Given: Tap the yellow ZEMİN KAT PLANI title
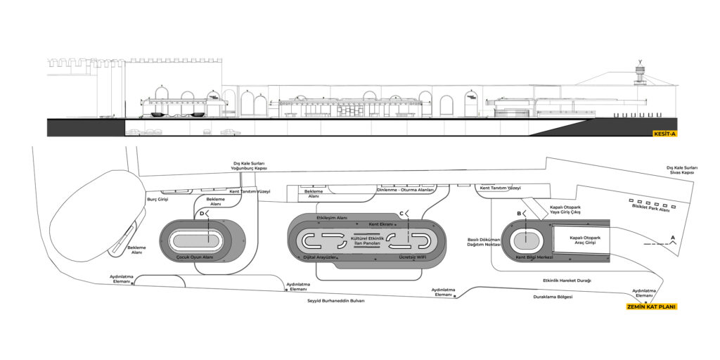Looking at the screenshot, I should tap(652, 307).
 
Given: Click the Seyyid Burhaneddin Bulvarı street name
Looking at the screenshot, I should tap(336, 301).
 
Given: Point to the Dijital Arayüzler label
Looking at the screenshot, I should tap(318, 257).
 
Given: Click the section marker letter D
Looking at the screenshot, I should tap(202, 213).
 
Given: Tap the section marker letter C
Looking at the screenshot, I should tap(401, 213).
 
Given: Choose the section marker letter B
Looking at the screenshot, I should tap(519, 213).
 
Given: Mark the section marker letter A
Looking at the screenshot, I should tap(674, 238).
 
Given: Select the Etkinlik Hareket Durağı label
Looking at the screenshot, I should tap(567, 281).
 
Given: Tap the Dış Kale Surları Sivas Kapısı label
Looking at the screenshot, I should tap(681, 169).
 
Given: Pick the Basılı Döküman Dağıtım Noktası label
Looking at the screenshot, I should tap(484, 242).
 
